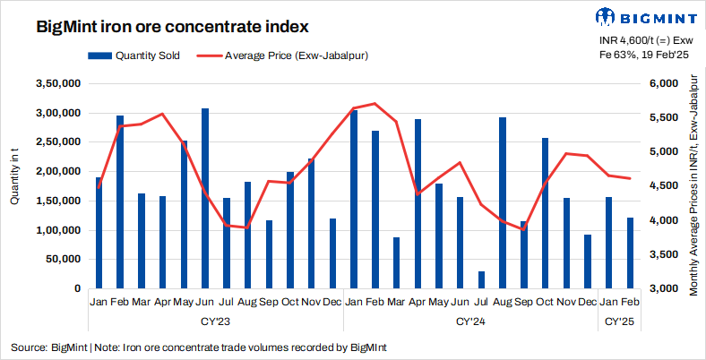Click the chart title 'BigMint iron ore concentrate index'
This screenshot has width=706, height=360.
click(x=165, y=26)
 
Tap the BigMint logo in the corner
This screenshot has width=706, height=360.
click(x=643, y=17)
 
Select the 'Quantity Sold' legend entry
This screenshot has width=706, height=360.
click(x=142, y=56)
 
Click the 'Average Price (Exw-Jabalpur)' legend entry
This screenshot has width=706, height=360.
click(x=297, y=56)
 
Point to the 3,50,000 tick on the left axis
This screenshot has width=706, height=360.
click(x=56, y=83)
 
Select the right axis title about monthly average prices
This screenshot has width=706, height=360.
click(x=693, y=186)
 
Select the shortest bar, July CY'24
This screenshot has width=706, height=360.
click(x=481, y=280)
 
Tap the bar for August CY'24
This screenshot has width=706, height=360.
click(x=503, y=203)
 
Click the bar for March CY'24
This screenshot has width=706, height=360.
click(x=396, y=263)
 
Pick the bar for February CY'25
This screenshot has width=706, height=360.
click(x=630, y=253)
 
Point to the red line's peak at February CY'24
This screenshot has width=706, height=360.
click(x=375, y=104)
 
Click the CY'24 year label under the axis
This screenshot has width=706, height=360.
click(x=470, y=320)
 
